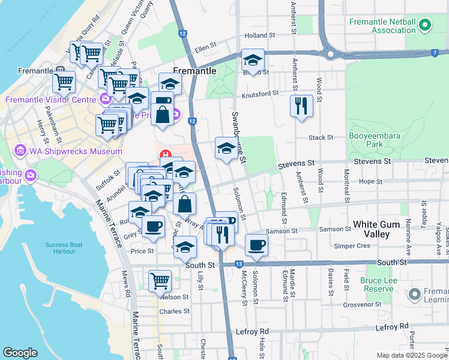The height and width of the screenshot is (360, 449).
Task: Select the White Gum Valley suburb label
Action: point(379,229)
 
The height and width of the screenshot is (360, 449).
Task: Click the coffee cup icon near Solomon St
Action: point(256,244)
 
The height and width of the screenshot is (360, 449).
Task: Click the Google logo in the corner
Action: point(20,353)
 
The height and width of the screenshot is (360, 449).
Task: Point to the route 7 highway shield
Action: point(434,53)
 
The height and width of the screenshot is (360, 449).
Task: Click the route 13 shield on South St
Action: point(239,264)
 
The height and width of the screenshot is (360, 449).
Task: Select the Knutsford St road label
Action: point(260,94)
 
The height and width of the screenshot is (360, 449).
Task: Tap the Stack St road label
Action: point(321,138)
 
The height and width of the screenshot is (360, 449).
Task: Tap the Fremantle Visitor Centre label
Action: point(51,100)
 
